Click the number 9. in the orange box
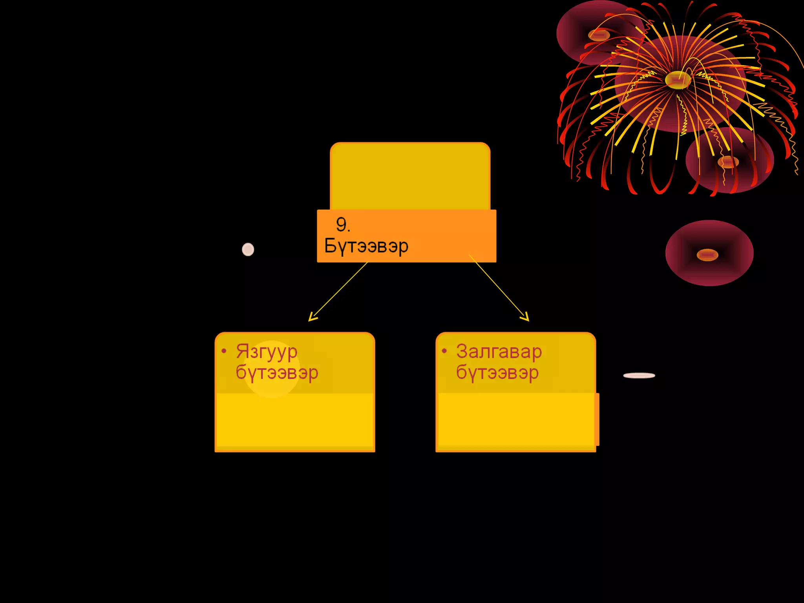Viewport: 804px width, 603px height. (x=343, y=225)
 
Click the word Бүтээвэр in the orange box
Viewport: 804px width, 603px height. (x=366, y=246)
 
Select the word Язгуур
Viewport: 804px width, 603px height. (x=267, y=351)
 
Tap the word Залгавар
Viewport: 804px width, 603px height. (x=499, y=351)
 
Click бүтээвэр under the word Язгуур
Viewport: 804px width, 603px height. (x=277, y=373)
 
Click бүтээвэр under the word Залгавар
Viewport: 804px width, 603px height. (x=497, y=373)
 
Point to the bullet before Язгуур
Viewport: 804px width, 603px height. (x=224, y=351)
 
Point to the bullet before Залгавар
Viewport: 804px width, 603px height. (x=444, y=351)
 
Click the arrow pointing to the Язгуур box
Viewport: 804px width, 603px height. (x=338, y=292)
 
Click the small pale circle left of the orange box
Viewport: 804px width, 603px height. (x=248, y=249)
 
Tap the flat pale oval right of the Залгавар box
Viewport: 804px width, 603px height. (x=639, y=375)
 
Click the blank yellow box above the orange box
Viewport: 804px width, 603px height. (x=410, y=176)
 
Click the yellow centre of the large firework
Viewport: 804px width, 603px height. (x=677, y=80)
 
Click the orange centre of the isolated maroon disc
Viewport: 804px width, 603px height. (x=707, y=255)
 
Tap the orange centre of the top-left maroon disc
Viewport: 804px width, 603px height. (x=599, y=35)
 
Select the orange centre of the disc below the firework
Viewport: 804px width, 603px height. (x=728, y=162)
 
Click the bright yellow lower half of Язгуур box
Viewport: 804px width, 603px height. (x=295, y=420)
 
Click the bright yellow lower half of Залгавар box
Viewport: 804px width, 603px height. (x=515, y=420)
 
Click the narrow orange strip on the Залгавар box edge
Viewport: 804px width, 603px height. (x=597, y=419)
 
